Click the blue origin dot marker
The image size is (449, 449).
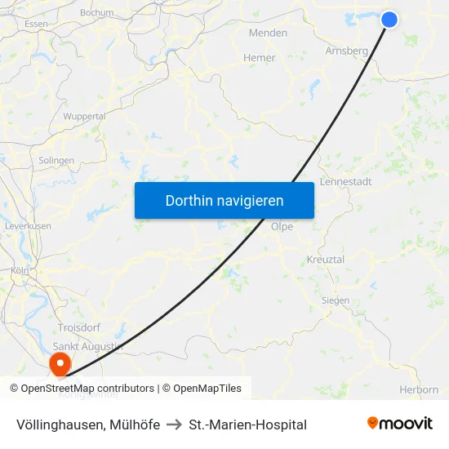pos(389,19)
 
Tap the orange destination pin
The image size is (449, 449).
pos(60,362)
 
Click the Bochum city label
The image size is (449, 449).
pos(97,13)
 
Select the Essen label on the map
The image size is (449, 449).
pos(37,24)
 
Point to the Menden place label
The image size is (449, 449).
pos(268,33)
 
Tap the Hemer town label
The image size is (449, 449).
pos(260,58)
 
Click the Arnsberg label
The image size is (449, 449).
pos(347,51)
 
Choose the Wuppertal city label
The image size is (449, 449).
pos(85,117)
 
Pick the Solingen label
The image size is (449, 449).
pos(56,161)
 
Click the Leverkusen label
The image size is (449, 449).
pos(28,225)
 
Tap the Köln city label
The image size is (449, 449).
pos(20,270)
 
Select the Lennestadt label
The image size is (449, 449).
pos(346,181)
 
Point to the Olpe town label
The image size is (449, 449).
pos(282,227)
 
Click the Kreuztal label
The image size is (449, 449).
pos(326,259)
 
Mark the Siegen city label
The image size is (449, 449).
pos(335,300)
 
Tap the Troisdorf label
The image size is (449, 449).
pos(78,327)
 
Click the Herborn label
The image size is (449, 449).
pos(419,390)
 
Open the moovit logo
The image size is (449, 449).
pos(400,424)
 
